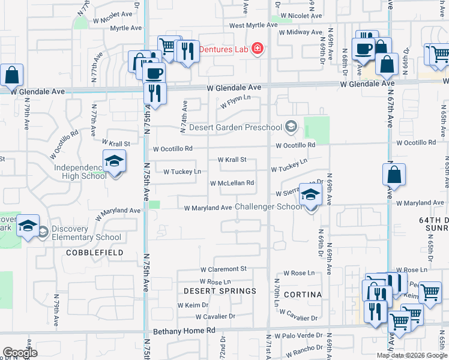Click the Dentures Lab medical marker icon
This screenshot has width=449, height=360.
click(258, 49)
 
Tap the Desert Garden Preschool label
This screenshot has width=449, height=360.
click(235, 127)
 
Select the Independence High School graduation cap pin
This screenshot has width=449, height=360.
click(114, 162)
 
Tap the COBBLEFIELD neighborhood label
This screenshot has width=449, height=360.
click(95, 253)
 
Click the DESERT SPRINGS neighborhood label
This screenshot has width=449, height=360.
click(220, 291)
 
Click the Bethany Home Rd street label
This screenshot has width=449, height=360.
click(184, 331)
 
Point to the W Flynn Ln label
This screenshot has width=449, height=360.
click(235, 103)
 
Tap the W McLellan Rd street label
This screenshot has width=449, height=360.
click(232, 183)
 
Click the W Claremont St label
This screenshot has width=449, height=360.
click(223, 269)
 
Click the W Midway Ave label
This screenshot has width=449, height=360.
click(301, 32)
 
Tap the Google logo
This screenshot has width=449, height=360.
click(20, 353)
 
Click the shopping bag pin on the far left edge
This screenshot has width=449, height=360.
click(12, 76)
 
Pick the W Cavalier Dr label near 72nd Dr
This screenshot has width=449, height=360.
click(214, 316)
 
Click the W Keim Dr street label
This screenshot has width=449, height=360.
click(193, 305)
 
